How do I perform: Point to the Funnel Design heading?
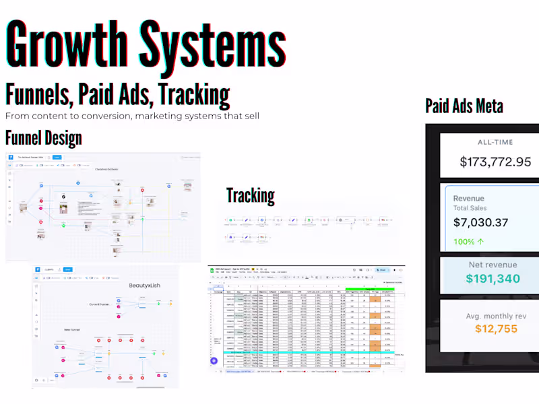(x=43, y=139)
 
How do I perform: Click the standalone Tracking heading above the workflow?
(x=250, y=196)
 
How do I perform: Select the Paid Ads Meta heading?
(x=464, y=106)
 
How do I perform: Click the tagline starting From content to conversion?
(x=132, y=116)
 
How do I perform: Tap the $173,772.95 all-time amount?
(x=495, y=162)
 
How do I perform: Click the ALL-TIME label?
(x=495, y=143)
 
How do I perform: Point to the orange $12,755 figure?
(x=495, y=329)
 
